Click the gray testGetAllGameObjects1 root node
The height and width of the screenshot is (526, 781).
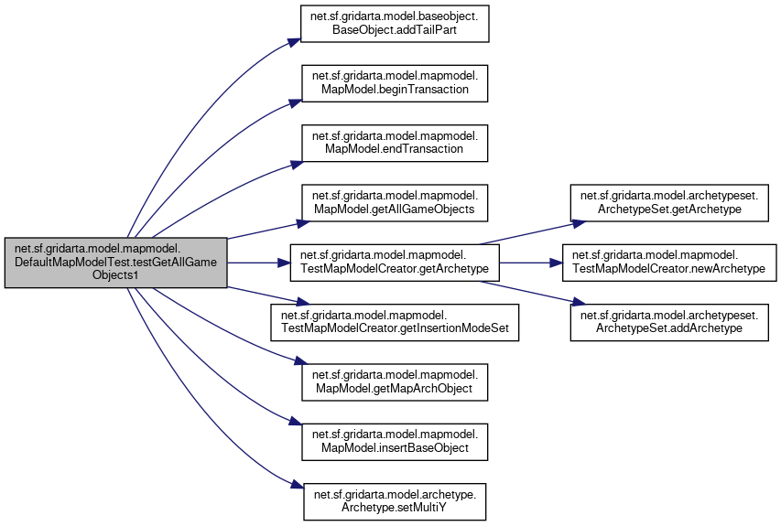click(x=115, y=263)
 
